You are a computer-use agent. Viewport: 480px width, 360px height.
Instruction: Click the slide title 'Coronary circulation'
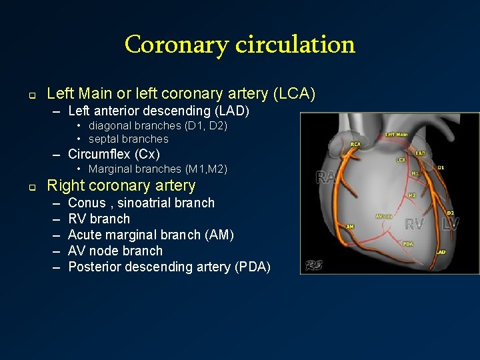click(239, 45)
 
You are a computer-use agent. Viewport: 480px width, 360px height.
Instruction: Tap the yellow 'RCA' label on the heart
click(356, 143)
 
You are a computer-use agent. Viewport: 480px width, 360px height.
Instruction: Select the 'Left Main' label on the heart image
click(397, 134)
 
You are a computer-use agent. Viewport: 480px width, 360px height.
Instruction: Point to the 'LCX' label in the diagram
click(401, 160)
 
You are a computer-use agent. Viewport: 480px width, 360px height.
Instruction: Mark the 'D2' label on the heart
click(450, 213)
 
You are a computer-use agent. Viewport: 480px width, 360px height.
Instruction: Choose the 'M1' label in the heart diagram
click(415, 173)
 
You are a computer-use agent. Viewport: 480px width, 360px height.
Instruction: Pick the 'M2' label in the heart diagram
click(412, 195)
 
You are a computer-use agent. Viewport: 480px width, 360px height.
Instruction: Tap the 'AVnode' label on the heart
click(384, 216)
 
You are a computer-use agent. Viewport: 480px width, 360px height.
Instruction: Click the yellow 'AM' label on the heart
click(350, 227)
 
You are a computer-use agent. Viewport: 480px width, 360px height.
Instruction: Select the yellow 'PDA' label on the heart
click(408, 244)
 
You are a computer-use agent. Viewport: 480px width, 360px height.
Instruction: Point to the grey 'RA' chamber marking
click(326, 177)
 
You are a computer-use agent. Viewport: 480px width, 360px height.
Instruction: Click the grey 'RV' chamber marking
click(415, 224)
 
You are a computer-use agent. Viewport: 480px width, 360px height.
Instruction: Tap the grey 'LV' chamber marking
click(451, 224)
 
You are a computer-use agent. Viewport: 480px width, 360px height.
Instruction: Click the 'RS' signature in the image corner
click(314, 265)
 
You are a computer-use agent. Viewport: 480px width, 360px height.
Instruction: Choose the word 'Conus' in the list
click(87, 203)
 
